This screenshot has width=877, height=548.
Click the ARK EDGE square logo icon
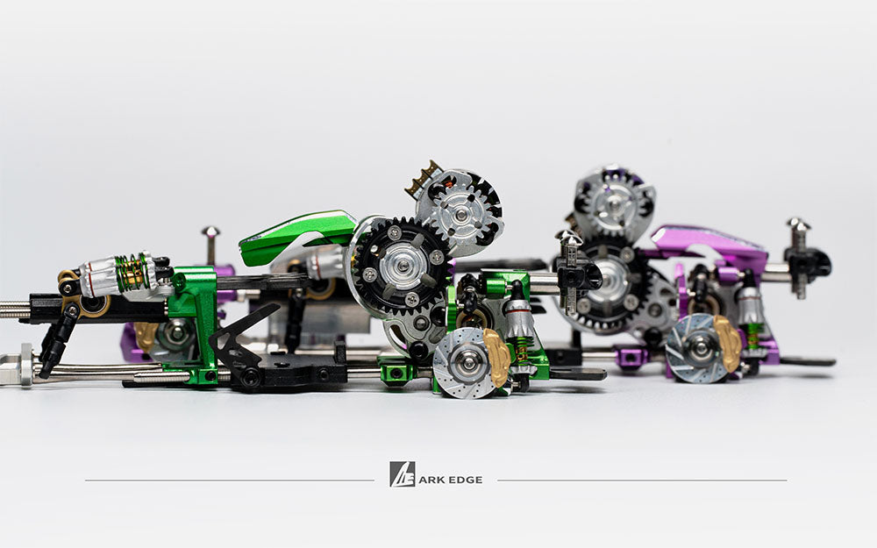(403, 474)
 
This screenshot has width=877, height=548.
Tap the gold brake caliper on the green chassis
(496, 357)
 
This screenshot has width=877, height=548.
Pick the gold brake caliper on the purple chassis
(728, 342)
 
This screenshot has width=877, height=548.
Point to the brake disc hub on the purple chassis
(700, 348)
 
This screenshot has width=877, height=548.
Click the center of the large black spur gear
(403, 266)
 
